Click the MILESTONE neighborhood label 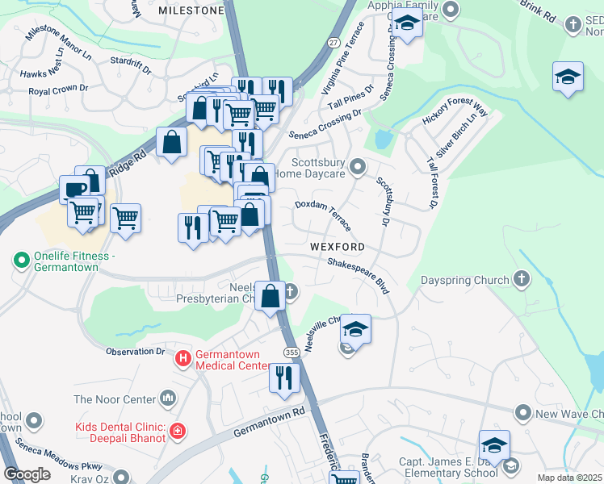pyautogui.click(x=191, y=10)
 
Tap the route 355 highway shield pyautogui.click(x=291, y=353)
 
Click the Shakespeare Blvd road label pyautogui.click(x=359, y=271)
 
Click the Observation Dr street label pyautogui.click(x=136, y=351)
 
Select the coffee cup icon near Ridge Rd pyautogui.click(x=75, y=190)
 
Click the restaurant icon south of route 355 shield pyautogui.click(x=283, y=378)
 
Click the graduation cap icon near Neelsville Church pyautogui.click(x=354, y=328)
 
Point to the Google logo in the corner pyautogui.click(x=27, y=474)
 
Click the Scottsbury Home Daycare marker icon pyautogui.click(x=358, y=167)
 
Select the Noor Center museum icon pyautogui.click(x=168, y=397)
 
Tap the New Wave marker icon pyautogui.click(x=522, y=414)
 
